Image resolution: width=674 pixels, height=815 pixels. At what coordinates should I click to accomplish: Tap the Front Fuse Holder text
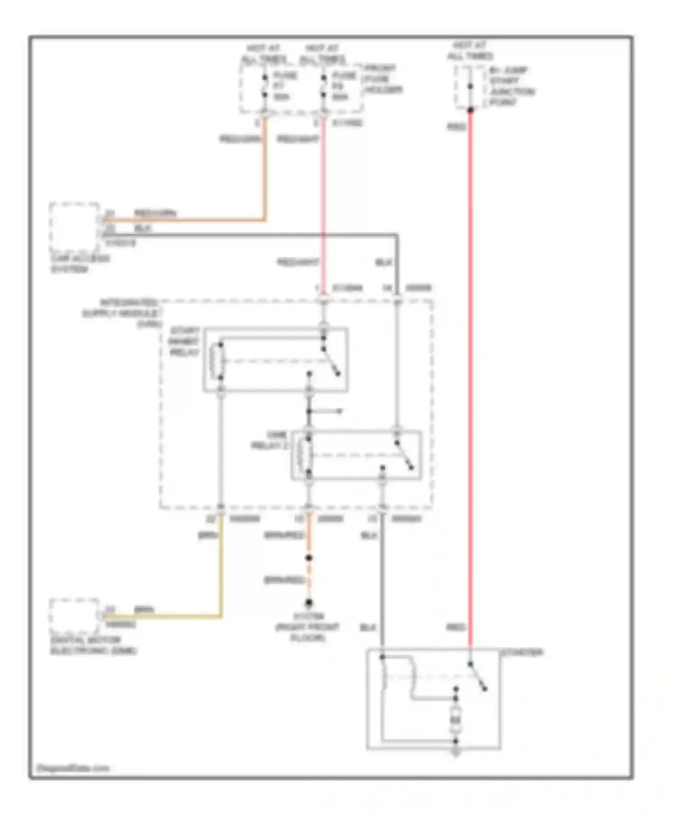382,79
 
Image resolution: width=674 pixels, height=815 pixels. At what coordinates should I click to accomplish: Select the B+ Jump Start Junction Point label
511,86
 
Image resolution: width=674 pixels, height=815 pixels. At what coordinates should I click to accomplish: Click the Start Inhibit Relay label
184,342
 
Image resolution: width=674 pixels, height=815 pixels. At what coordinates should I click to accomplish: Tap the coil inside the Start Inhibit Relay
220,361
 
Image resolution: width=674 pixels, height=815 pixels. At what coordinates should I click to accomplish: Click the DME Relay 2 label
270,440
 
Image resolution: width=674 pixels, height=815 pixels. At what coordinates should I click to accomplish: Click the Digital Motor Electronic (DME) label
93,646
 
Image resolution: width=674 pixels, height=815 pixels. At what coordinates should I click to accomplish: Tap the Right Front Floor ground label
308,627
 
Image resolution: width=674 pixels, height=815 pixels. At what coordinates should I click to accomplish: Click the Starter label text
522,652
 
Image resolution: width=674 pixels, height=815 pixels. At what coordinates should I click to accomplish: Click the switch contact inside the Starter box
477,676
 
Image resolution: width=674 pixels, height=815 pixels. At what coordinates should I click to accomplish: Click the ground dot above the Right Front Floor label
309,602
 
